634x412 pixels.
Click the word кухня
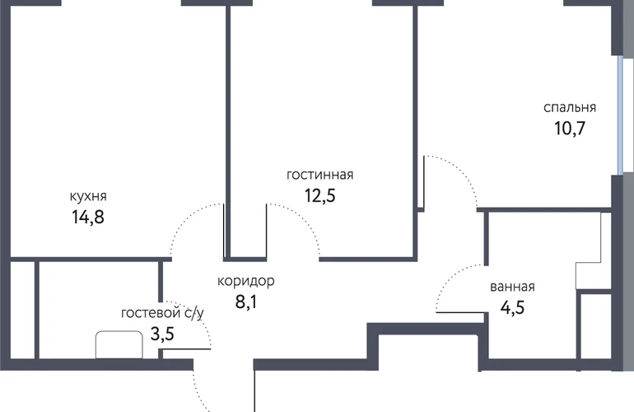click(x=88, y=196)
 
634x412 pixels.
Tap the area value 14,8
click(x=88, y=217)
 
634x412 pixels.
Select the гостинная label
click(x=319, y=175)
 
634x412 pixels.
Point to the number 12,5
click(x=319, y=196)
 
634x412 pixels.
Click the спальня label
click(x=570, y=108)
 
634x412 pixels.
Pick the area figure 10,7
click(x=570, y=129)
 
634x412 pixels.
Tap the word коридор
click(x=246, y=281)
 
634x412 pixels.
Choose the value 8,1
click(x=246, y=302)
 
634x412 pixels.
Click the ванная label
click(x=512, y=287)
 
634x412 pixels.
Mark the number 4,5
click(x=512, y=307)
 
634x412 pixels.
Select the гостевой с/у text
click(x=162, y=313)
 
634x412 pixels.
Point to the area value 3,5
click(x=162, y=335)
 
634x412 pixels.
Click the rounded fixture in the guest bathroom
click(x=119, y=344)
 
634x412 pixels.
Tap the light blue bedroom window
click(x=620, y=115)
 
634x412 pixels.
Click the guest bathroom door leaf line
click(x=187, y=349)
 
